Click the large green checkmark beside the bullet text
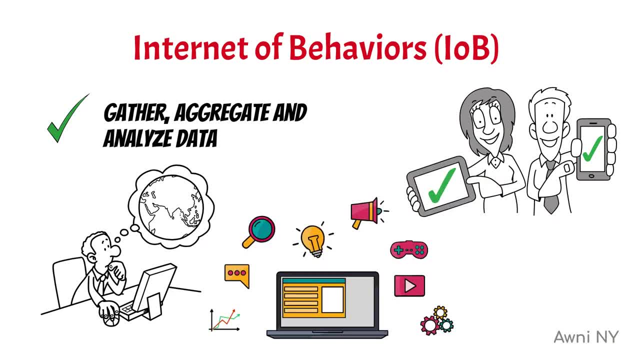click(x=67, y=118)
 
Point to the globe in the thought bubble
click(x=171, y=207)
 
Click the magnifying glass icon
click(x=258, y=232)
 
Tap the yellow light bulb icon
click(x=313, y=240)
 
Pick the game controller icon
click(x=409, y=249)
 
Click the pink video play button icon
click(x=409, y=285)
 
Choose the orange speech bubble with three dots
click(x=237, y=275)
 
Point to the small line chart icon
click(x=224, y=320)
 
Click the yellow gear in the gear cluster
click(x=440, y=312)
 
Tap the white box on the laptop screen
click(x=332, y=300)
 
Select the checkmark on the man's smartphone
click(x=592, y=148)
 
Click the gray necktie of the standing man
click(x=551, y=188)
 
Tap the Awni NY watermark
click(x=586, y=337)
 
